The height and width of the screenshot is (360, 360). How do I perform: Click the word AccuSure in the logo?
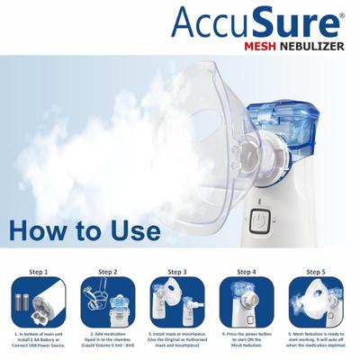click(x=257, y=21)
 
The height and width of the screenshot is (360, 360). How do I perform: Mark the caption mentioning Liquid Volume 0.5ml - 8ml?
click(x=108, y=342)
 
